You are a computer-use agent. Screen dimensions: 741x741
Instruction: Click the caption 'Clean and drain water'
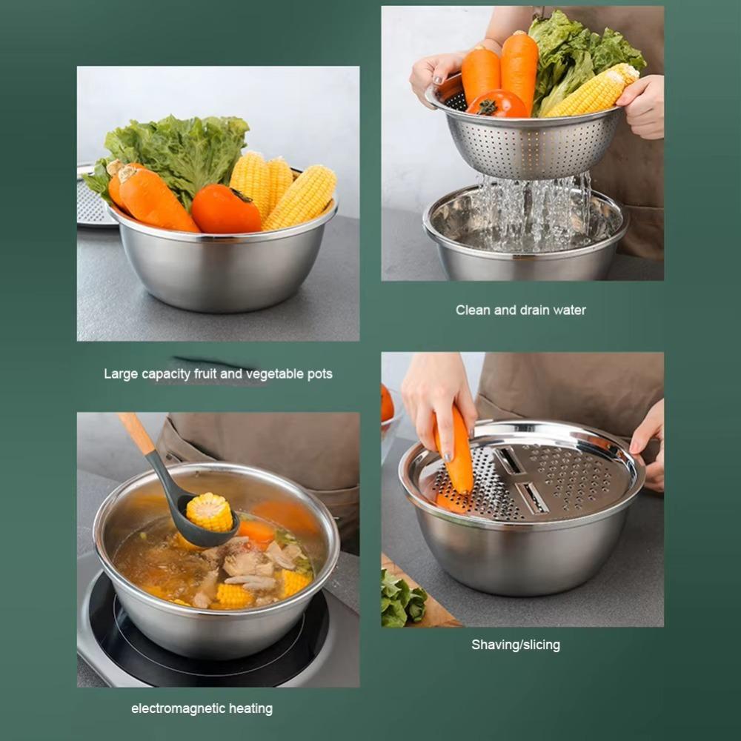pyautogui.click(x=520, y=310)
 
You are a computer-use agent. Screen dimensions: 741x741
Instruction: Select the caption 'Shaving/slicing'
pyautogui.click(x=516, y=645)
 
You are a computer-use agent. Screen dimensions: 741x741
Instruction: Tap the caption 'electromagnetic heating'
pyautogui.click(x=202, y=708)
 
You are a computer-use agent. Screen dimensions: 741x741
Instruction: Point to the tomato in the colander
pyautogui.click(x=496, y=104)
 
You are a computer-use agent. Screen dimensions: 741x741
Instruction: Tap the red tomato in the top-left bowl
pyautogui.click(x=225, y=210)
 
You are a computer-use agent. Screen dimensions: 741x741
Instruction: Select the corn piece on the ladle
pyautogui.click(x=209, y=511)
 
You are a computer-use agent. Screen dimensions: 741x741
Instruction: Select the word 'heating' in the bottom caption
pyautogui.click(x=250, y=708)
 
